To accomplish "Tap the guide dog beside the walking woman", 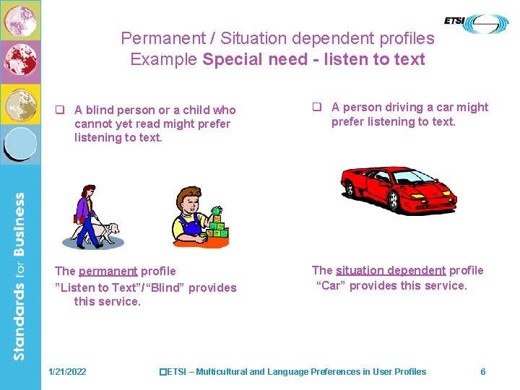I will [107, 233].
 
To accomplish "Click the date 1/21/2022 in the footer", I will [67, 372].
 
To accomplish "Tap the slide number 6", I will [483, 372].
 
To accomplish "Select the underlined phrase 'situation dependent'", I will [391, 271].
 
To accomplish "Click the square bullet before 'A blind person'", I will [61, 110].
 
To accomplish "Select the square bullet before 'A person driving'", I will [316, 108].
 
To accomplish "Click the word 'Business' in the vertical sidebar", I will [19, 225].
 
